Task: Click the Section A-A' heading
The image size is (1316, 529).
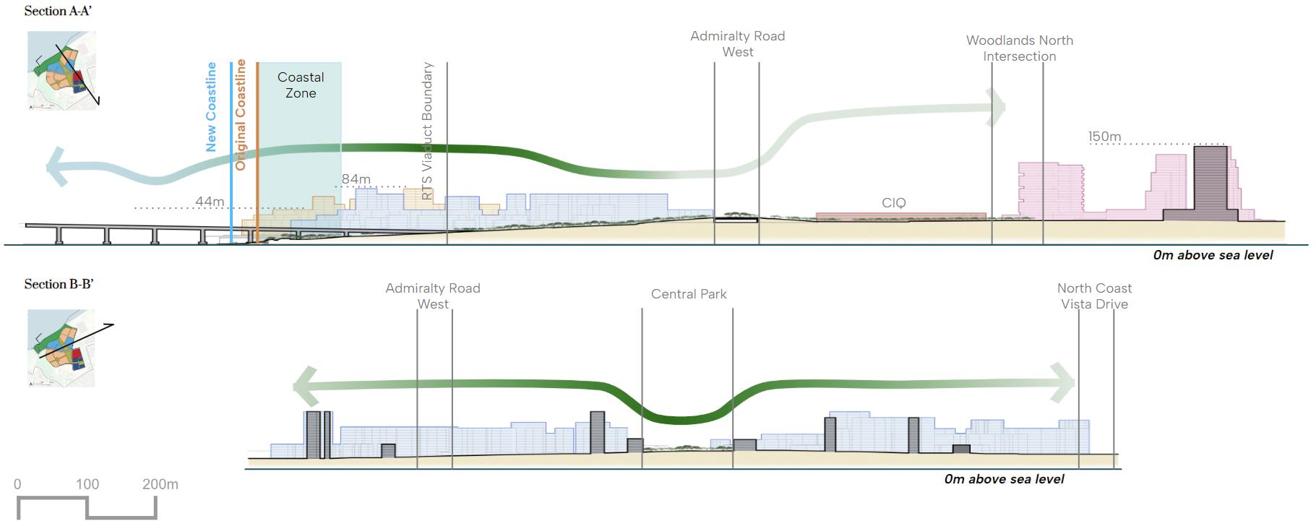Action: [58, 12]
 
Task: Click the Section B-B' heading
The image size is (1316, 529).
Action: [59, 284]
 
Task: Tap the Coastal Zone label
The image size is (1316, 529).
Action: [301, 85]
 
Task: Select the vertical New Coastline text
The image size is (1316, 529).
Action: [211, 107]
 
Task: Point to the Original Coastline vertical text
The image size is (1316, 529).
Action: [241, 115]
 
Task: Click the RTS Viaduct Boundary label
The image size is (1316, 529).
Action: [427, 130]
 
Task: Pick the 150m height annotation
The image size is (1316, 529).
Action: [1104, 137]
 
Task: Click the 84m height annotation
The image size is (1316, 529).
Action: [356, 179]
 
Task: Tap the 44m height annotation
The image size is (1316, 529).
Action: [210, 202]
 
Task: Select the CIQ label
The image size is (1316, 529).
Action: [893, 203]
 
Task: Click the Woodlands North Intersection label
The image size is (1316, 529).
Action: [1019, 48]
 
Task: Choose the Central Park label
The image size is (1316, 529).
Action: [689, 294]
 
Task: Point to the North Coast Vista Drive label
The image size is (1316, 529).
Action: [1094, 296]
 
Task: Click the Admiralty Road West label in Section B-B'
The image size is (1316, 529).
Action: [433, 296]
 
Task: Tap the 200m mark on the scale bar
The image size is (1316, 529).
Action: [160, 484]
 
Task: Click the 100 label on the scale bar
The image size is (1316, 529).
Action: [87, 484]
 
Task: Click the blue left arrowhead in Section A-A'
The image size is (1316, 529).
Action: [57, 167]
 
